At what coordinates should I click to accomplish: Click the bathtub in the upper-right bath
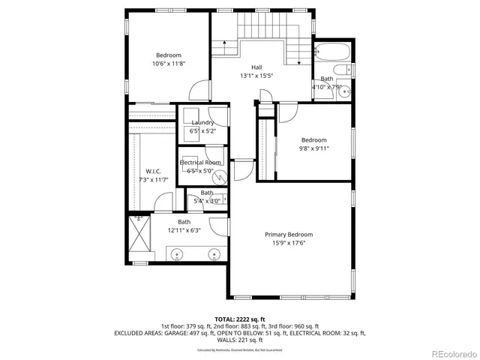coord(331,53)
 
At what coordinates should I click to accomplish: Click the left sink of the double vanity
coord(177,254)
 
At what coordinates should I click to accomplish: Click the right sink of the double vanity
coord(215,254)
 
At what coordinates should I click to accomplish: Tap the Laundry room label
coord(202,122)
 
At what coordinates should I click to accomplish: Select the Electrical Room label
coord(200,163)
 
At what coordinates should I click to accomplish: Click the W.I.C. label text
coord(154,172)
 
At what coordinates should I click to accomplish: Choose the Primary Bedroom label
coord(289,235)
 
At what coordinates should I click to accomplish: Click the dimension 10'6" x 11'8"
coord(169,64)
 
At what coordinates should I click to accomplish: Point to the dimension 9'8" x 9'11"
coord(314,148)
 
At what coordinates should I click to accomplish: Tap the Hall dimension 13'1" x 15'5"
coord(256,76)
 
